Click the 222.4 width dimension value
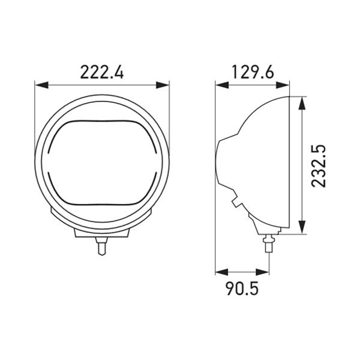(102, 73)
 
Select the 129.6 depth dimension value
(253, 72)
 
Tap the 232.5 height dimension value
(319, 166)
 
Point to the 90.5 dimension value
(242, 289)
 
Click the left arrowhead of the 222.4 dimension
(41, 85)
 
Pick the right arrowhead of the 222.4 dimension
(163, 85)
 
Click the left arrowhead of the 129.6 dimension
(222, 85)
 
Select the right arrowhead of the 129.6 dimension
(283, 85)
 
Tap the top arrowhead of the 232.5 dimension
(302, 104)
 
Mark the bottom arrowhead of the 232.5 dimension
(302, 227)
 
